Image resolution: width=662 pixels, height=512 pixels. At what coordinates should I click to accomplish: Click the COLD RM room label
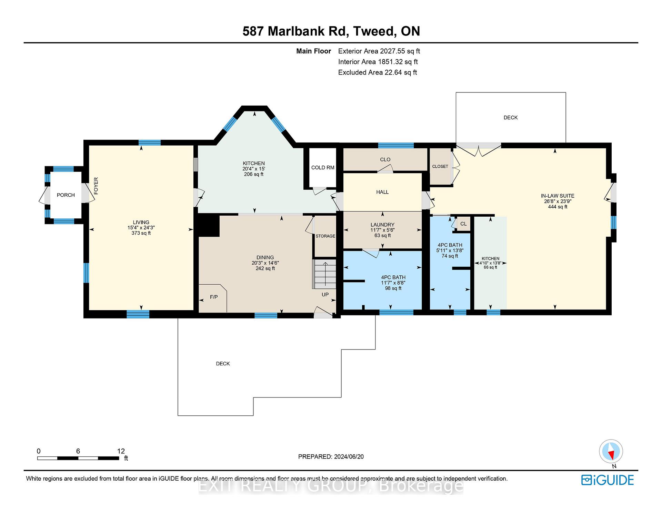323,168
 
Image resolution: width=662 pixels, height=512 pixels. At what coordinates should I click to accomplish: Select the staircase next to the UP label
324,274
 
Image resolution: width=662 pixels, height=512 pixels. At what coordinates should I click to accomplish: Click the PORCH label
66,195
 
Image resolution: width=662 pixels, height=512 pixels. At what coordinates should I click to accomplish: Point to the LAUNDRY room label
382,225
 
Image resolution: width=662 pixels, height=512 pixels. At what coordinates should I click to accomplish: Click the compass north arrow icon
611,452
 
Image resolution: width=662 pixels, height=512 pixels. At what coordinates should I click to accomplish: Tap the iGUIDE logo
608,480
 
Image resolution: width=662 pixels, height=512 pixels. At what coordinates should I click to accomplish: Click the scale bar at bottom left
78,458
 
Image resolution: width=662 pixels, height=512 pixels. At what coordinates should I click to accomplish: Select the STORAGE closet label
325,236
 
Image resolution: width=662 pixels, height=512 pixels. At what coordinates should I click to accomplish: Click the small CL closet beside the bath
463,224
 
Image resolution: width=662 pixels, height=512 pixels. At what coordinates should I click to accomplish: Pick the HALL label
382,192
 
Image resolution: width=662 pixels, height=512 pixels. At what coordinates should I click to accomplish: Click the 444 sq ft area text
558,207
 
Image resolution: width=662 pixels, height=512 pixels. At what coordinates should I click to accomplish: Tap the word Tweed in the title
374,31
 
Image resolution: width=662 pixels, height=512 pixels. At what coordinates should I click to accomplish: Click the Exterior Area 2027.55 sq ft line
379,51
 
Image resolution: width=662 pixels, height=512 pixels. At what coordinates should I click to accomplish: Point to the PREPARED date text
331,456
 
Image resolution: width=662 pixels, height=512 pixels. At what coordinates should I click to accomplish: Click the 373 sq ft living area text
141,233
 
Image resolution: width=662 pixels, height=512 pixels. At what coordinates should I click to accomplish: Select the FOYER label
96,186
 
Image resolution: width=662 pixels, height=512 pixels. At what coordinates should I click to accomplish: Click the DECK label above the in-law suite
511,118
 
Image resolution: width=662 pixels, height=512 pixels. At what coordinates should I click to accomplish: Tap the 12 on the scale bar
121,451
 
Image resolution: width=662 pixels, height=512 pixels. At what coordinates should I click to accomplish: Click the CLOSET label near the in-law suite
440,166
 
